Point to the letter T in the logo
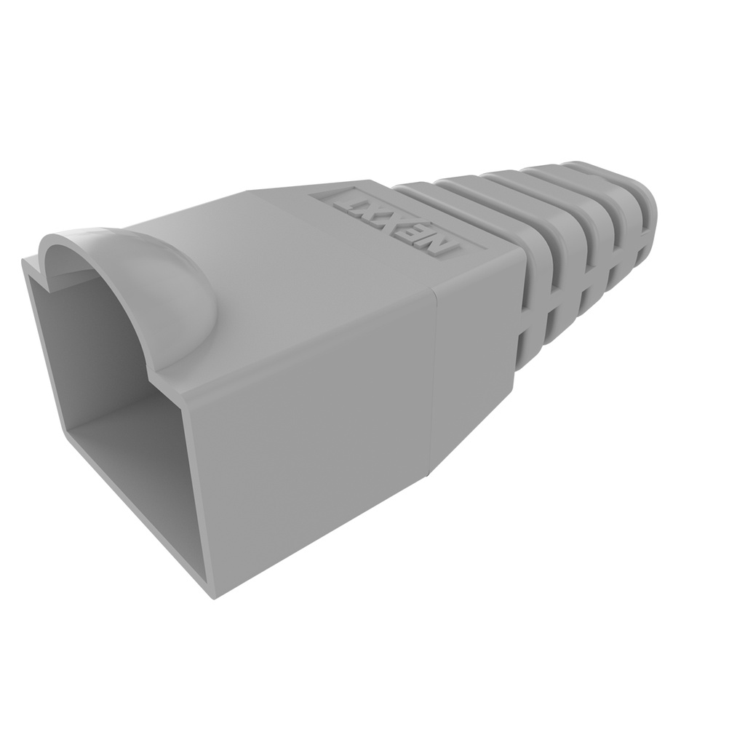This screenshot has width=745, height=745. tap(346, 201)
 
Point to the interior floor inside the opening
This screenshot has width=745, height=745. tap(131, 451)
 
